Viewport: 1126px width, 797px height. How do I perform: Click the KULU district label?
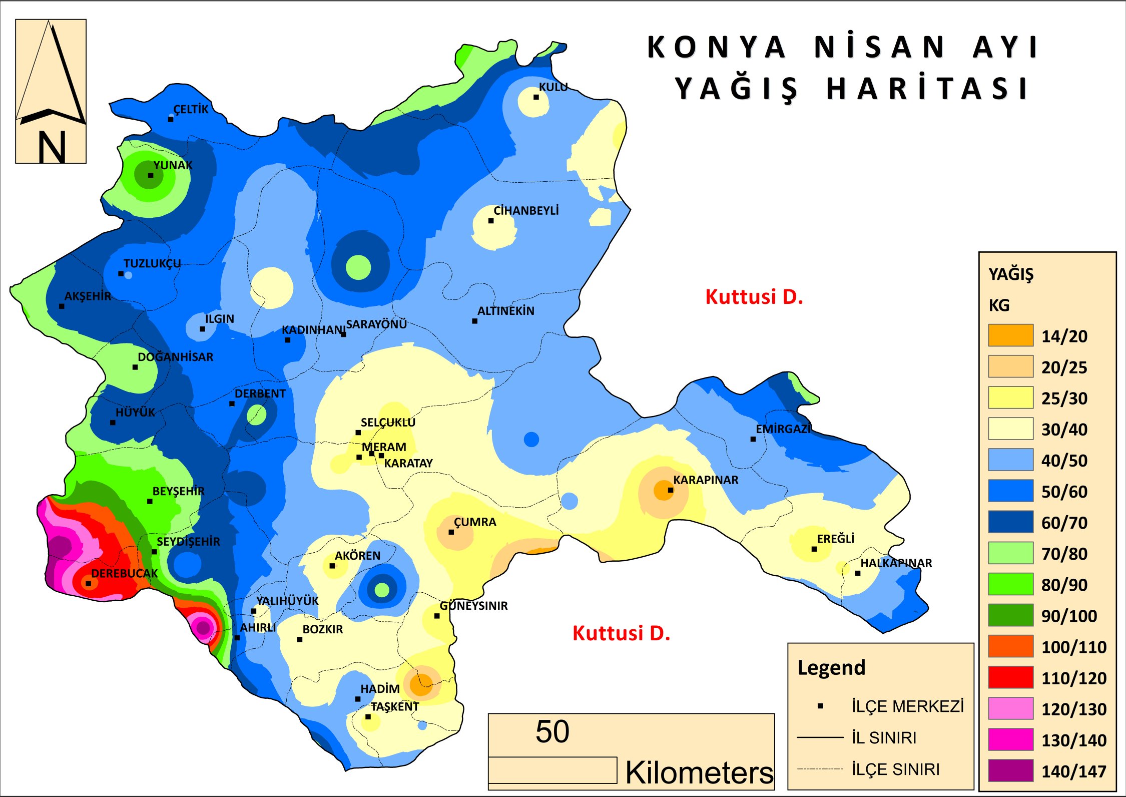click(x=553, y=87)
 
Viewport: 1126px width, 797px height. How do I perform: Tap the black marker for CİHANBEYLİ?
click(x=491, y=221)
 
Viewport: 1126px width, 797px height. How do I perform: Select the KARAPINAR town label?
click(x=705, y=480)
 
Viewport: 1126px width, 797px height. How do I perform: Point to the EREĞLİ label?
click(x=835, y=539)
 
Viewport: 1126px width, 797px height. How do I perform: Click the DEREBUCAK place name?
click(x=124, y=574)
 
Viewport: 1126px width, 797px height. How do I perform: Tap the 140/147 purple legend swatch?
click(x=1010, y=770)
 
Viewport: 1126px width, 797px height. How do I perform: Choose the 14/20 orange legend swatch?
click(x=1010, y=335)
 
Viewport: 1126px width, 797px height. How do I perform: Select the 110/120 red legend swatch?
click(x=1010, y=677)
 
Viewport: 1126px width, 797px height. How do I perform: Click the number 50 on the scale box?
click(x=552, y=732)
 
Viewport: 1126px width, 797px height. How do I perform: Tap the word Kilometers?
click(x=699, y=772)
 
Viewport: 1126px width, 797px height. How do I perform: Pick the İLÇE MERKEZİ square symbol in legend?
click(x=820, y=706)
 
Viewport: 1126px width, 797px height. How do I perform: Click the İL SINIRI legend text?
click(x=884, y=738)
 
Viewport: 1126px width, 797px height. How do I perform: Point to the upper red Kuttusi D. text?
click(x=754, y=297)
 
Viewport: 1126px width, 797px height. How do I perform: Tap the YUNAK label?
click(x=173, y=165)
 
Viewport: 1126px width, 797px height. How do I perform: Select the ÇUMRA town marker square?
click(x=451, y=532)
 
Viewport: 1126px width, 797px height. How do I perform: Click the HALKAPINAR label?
click(x=896, y=563)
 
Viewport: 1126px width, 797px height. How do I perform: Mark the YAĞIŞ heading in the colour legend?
click(x=1010, y=274)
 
